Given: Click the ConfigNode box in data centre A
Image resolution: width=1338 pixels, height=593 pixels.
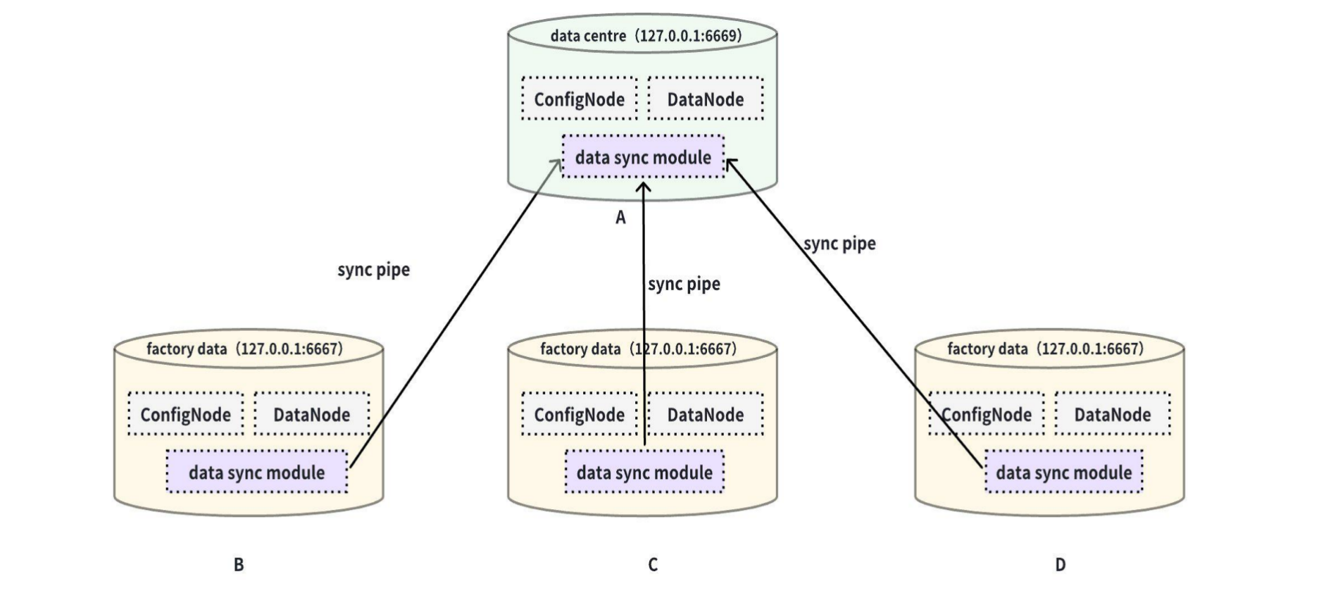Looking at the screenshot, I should [579, 99].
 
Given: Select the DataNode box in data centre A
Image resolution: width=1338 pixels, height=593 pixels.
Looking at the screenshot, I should [705, 99].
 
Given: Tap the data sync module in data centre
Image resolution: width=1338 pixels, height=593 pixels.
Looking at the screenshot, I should [643, 157].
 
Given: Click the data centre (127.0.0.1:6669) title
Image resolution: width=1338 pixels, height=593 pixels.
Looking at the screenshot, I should [646, 36].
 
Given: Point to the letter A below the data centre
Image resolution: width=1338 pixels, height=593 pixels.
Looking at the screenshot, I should [620, 218].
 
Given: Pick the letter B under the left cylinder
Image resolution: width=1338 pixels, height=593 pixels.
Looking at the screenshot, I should [239, 564].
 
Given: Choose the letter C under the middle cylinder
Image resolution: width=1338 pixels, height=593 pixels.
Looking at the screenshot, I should [653, 564].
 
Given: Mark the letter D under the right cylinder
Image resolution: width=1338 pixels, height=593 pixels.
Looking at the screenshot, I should [1060, 564].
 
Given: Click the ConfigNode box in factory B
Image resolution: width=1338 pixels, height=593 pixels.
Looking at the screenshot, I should [185, 414].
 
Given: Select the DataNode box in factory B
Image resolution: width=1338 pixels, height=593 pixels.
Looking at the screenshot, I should [311, 414].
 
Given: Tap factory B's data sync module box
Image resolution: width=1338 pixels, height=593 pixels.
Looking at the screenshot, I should [256, 472].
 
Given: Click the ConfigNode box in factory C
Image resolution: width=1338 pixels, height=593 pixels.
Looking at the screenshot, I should [579, 414].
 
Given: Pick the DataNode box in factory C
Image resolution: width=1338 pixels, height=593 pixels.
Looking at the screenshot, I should [705, 414].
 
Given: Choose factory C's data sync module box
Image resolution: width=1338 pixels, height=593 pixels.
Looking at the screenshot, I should [644, 472].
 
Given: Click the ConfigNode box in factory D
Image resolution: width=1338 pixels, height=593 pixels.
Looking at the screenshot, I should [987, 414].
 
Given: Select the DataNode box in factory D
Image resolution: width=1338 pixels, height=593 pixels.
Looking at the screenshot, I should [1113, 414].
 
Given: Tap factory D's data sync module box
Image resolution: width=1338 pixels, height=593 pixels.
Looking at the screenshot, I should [1063, 472].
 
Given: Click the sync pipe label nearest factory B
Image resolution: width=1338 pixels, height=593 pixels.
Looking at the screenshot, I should [373, 270].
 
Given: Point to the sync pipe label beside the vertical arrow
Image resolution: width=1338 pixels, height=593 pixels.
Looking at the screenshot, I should [684, 284].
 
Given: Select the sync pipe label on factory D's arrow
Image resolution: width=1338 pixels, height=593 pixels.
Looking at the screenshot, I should [839, 244].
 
